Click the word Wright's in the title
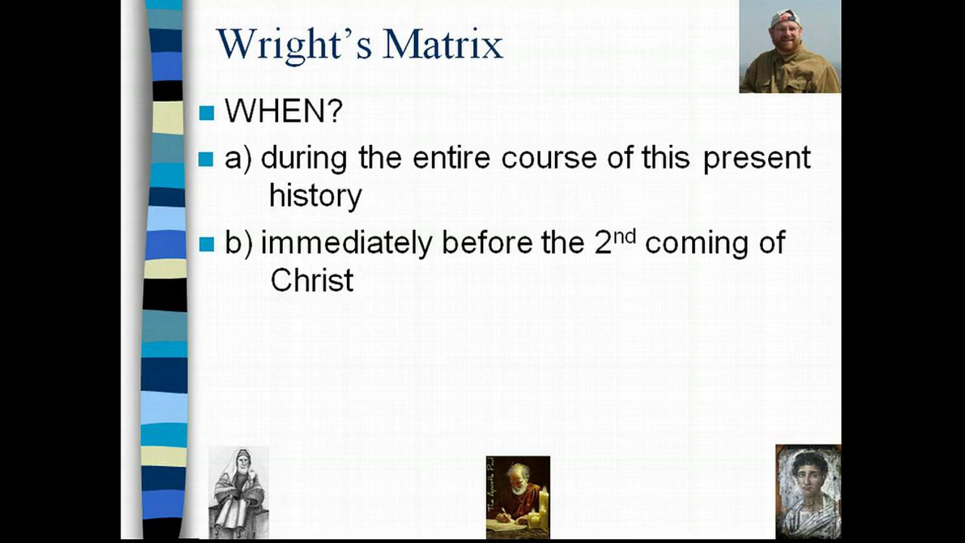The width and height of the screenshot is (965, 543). [x=294, y=45]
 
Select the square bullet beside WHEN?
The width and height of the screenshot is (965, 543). [x=207, y=113]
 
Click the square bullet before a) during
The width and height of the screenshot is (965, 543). [x=206, y=159]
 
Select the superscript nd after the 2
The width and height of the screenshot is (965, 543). [x=625, y=237]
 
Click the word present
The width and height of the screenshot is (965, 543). [x=757, y=159]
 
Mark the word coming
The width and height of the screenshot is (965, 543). [x=696, y=244]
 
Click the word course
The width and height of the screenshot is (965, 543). [x=549, y=158]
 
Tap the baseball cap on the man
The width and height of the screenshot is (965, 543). [x=785, y=19]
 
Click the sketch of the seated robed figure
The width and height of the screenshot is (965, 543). [x=238, y=492]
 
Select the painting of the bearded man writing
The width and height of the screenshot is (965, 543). [x=518, y=497]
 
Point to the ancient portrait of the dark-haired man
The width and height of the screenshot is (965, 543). [x=808, y=492]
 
